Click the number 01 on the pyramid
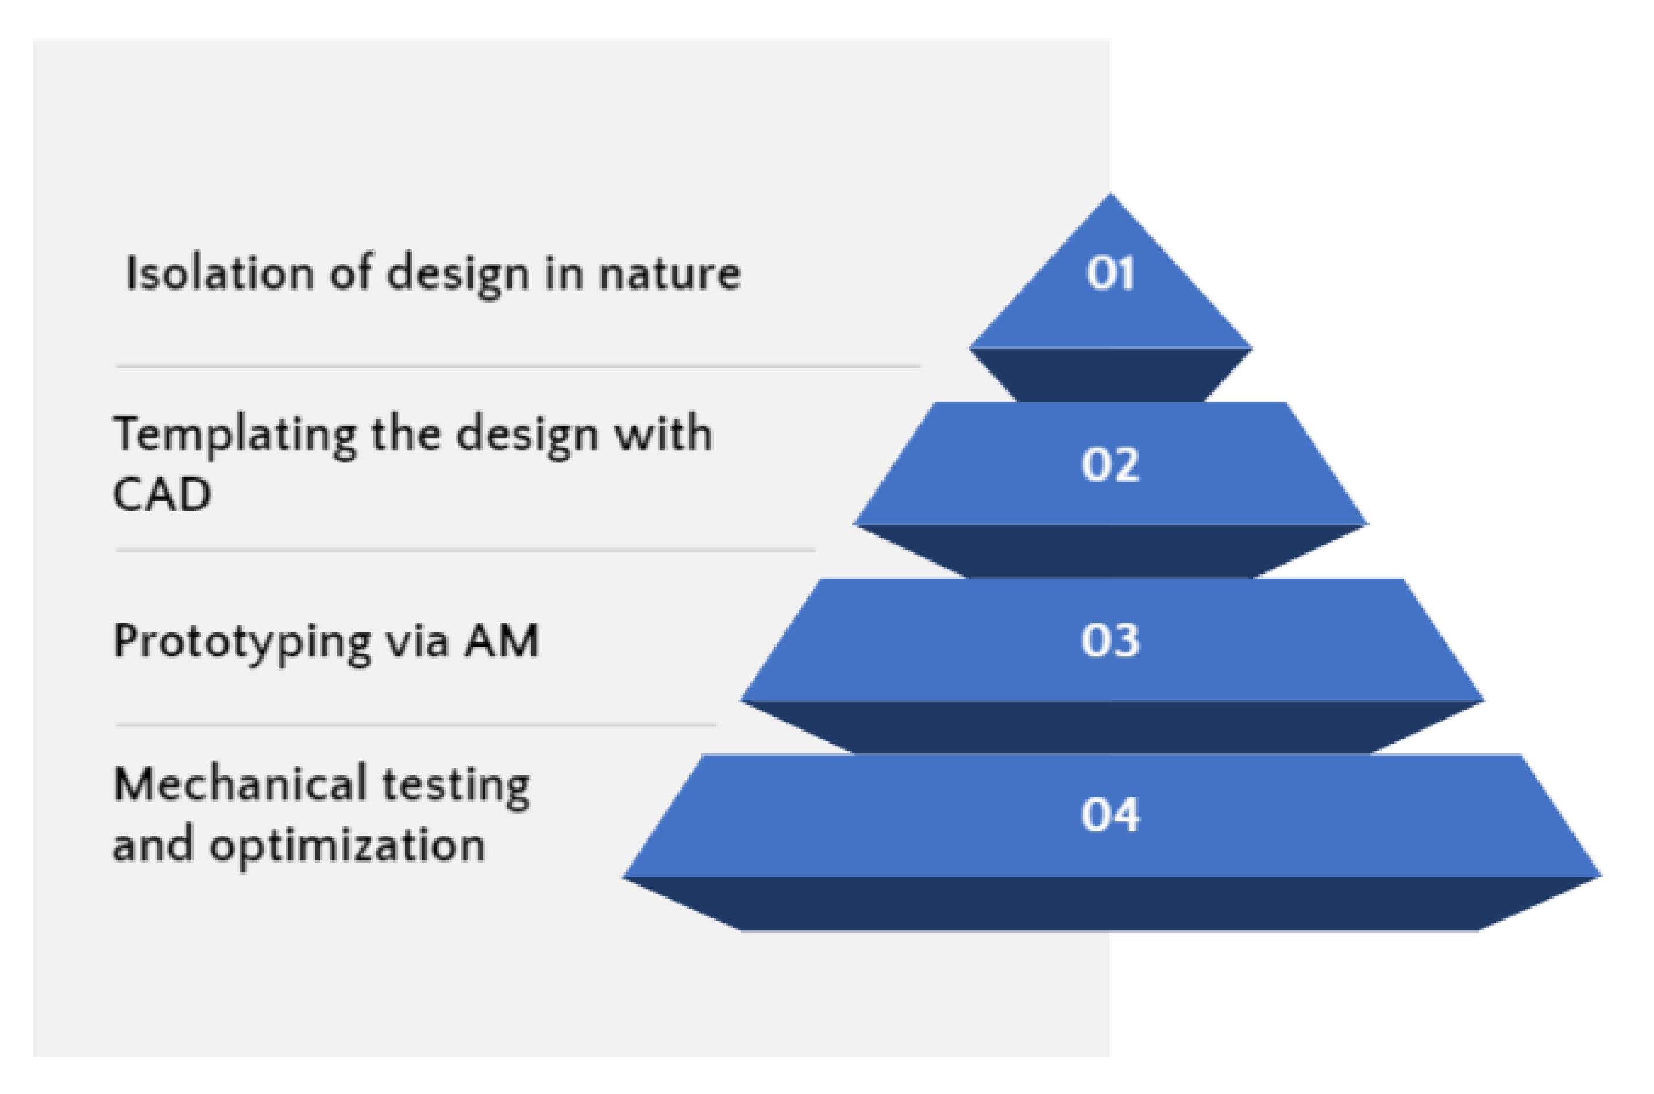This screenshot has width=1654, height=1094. (x=1109, y=273)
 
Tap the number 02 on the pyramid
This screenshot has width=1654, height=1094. (x=1109, y=464)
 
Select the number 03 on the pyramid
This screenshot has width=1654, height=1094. (x=1109, y=640)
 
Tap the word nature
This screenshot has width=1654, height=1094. (x=669, y=273)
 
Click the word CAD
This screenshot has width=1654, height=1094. (x=161, y=494)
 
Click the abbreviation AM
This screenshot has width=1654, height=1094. (x=502, y=640)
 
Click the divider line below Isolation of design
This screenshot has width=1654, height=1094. (x=517, y=366)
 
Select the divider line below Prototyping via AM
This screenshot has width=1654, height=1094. (x=415, y=725)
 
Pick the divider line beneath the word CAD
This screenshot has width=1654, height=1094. (x=465, y=551)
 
